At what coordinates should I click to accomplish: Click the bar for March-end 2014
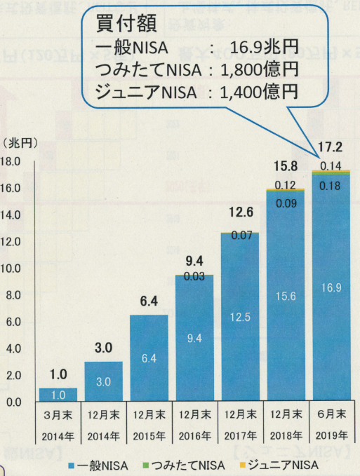pyautogui.click(x=58, y=395)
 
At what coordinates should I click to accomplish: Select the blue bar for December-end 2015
pyautogui.click(x=149, y=358)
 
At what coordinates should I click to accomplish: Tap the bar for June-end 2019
pyautogui.click(x=331, y=287)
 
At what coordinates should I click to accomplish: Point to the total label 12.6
pyautogui.click(x=240, y=212)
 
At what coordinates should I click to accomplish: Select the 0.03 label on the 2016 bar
pyautogui.click(x=194, y=276)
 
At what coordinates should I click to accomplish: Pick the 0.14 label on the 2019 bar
pyautogui.click(x=331, y=165)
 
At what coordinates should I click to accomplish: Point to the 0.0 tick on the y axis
pyautogui.click(x=15, y=402)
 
